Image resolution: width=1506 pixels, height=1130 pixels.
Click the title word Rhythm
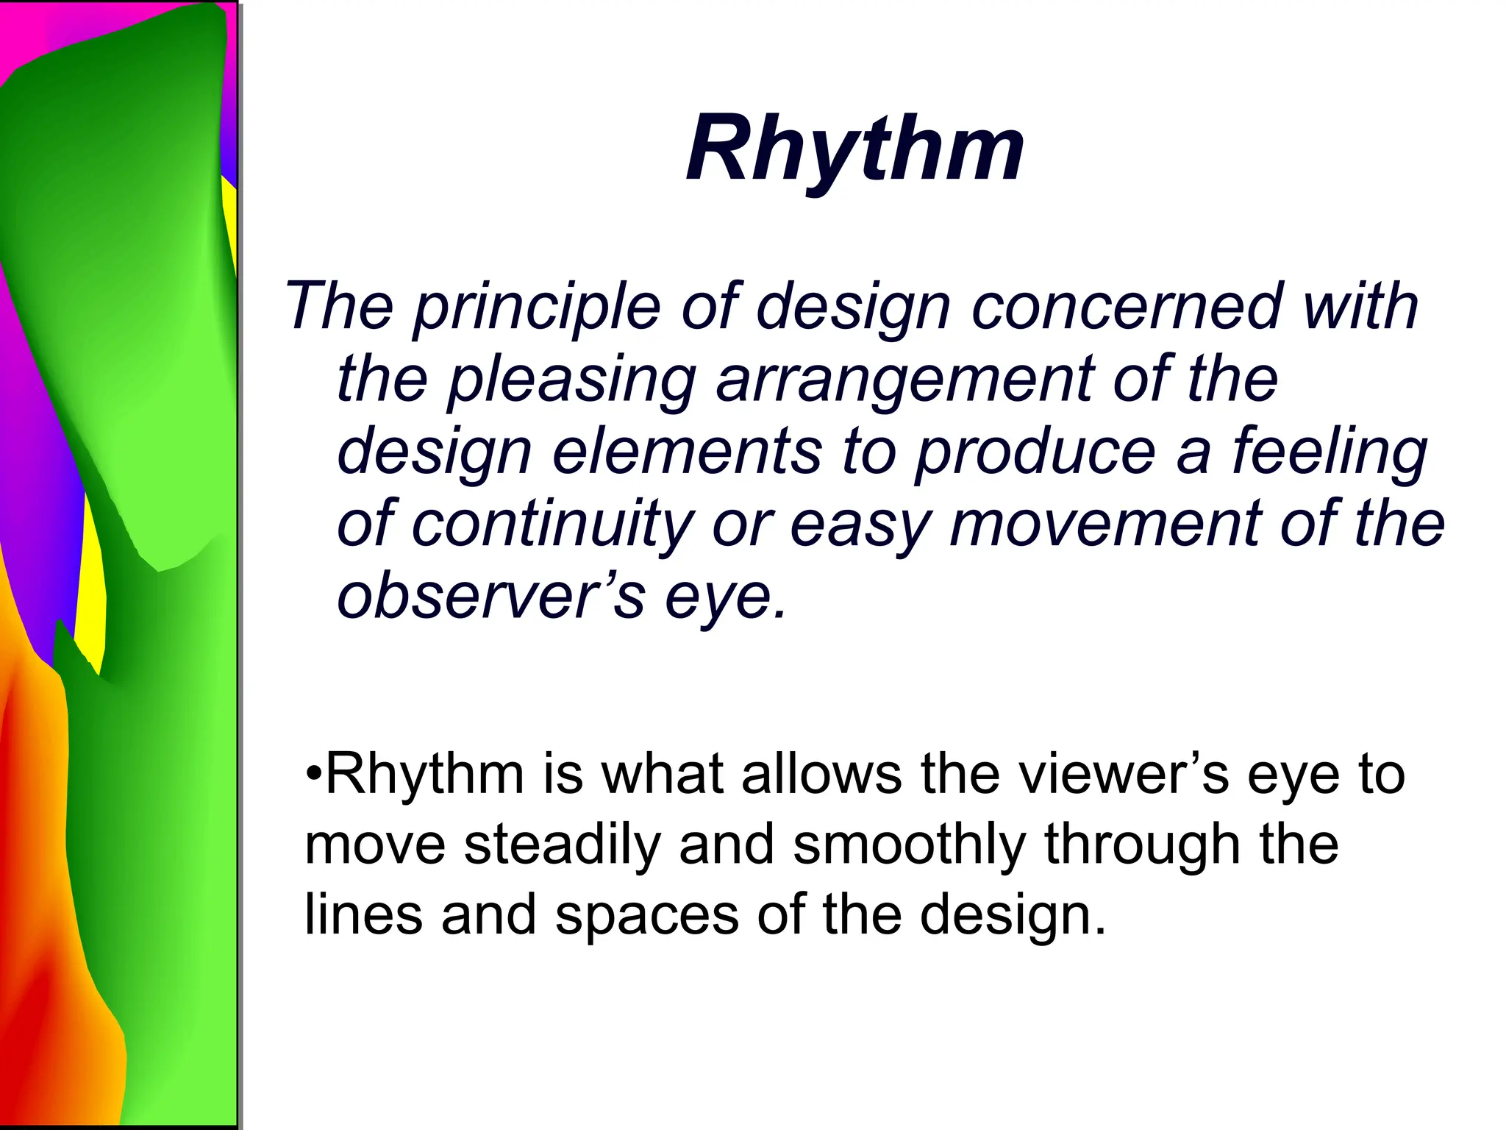point(854,149)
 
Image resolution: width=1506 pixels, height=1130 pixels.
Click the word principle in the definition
point(537,307)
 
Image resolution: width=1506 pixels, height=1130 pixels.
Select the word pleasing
point(571,380)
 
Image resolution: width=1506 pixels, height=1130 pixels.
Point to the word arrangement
point(904,380)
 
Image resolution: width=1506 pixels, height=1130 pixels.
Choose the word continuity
point(552,524)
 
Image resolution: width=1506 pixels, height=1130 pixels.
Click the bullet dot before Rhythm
point(314,775)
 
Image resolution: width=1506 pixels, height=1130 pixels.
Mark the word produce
point(1036,452)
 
